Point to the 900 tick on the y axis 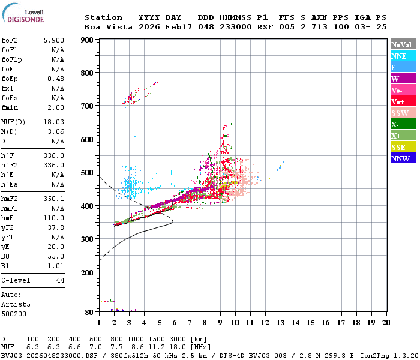point(87,40)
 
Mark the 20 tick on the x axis point(386,322)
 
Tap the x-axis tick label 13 point(281,322)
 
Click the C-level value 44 point(60,280)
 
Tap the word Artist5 point(14,304)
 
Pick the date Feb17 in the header point(178,27)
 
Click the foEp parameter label point(10,79)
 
